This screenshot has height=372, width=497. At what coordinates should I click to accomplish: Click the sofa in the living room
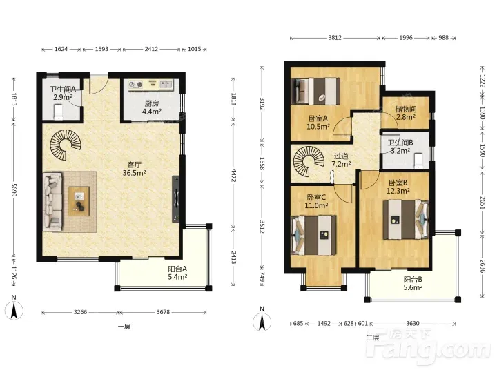coord(52,201)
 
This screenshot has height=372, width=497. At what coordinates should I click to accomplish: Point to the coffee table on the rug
coord(79,201)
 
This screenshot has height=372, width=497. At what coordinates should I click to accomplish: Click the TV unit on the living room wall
coord(176,199)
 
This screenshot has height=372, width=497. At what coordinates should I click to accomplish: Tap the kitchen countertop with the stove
coord(150,85)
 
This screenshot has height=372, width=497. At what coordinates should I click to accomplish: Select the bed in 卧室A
coord(317,91)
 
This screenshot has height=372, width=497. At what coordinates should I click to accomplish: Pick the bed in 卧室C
coord(314,236)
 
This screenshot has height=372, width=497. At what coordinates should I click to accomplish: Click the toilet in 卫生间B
coord(419,161)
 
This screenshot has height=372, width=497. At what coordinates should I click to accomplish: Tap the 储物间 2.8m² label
coord(406,113)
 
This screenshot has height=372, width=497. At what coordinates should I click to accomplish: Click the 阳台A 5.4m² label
coord(177,273)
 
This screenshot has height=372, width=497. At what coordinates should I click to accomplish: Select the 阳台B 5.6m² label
coord(413,283)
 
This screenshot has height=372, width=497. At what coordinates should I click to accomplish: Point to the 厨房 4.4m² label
coord(152,107)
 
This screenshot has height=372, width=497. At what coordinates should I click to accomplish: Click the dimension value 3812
coord(335,38)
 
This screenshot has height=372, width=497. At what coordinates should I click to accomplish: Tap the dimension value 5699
coord(14,190)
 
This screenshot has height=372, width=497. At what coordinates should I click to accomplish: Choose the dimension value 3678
coord(163,312)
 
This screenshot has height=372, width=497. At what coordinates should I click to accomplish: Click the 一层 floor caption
coord(124,327)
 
